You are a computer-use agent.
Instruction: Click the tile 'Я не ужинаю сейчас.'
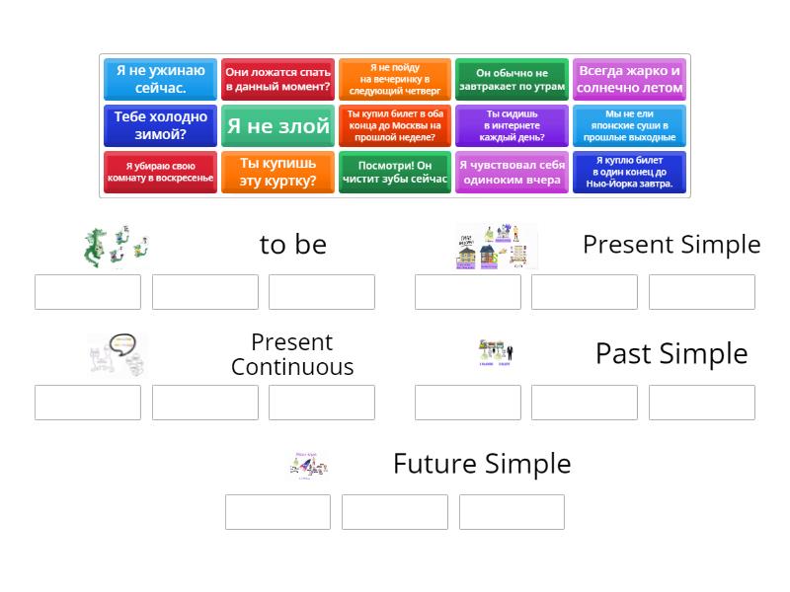pyautogui.click(x=160, y=79)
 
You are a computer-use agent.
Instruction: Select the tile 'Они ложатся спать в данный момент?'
pyautogui.click(x=277, y=79)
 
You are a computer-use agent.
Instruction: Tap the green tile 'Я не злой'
pyautogui.click(x=277, y=126)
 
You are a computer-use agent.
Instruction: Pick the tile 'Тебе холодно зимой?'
pyautogui.click(x=160, y=126)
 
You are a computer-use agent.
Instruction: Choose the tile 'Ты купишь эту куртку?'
pyautogui.click(x=277, y=172)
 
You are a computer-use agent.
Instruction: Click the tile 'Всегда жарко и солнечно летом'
pyautogui.click(x=629, y=79)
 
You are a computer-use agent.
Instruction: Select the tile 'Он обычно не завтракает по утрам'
pyautogui.click(x=512, y=79)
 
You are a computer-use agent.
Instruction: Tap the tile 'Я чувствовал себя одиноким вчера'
pyautogui.click(x=512, y=172)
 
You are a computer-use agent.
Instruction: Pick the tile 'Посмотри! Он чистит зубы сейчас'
pyautogui.click(x=394, y=172)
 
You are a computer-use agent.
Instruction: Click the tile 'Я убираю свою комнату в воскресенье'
pyautogui.click(x=160, y=172)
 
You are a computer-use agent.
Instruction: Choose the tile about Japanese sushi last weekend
pyautogui.click(x=629, y=126)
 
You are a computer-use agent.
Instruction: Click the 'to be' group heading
pyautogui.click(x=292, y=245)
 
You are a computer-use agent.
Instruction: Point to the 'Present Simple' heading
pyautogui.click(x=671, y=245)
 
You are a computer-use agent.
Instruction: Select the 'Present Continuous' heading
pyautogui.click(x=292, y=354)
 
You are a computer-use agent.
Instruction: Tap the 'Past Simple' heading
pyautogui.click(x=671, y=353)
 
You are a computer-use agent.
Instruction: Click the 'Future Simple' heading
pyautogui.click(x=482, y=464)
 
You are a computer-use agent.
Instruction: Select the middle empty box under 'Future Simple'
pyautogui.click(x=394, y=512)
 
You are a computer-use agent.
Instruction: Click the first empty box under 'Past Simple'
pyautogui.click(x=467, y=403)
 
